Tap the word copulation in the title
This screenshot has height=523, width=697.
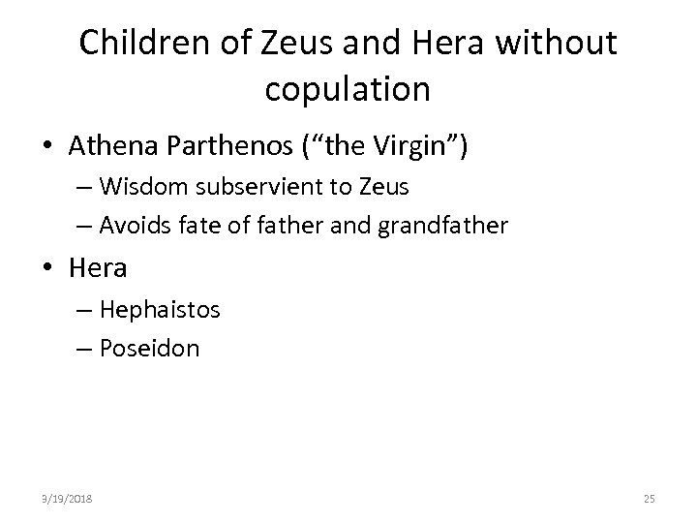tap(347, 89)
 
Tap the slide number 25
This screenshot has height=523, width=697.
tap(649, 498)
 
